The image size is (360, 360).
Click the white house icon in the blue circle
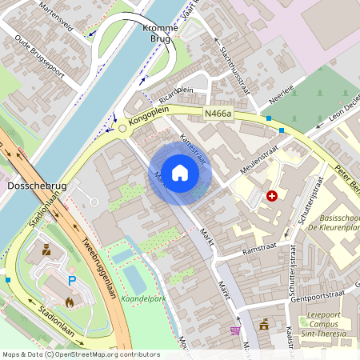point(180,172)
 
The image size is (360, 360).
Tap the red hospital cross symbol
point(272,195)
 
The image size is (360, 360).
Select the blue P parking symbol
point(72,281)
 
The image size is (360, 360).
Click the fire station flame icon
point(70,302)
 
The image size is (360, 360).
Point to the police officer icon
point(46,250)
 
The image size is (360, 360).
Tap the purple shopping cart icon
point(234,330)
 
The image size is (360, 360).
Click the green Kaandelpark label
point(143,298)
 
